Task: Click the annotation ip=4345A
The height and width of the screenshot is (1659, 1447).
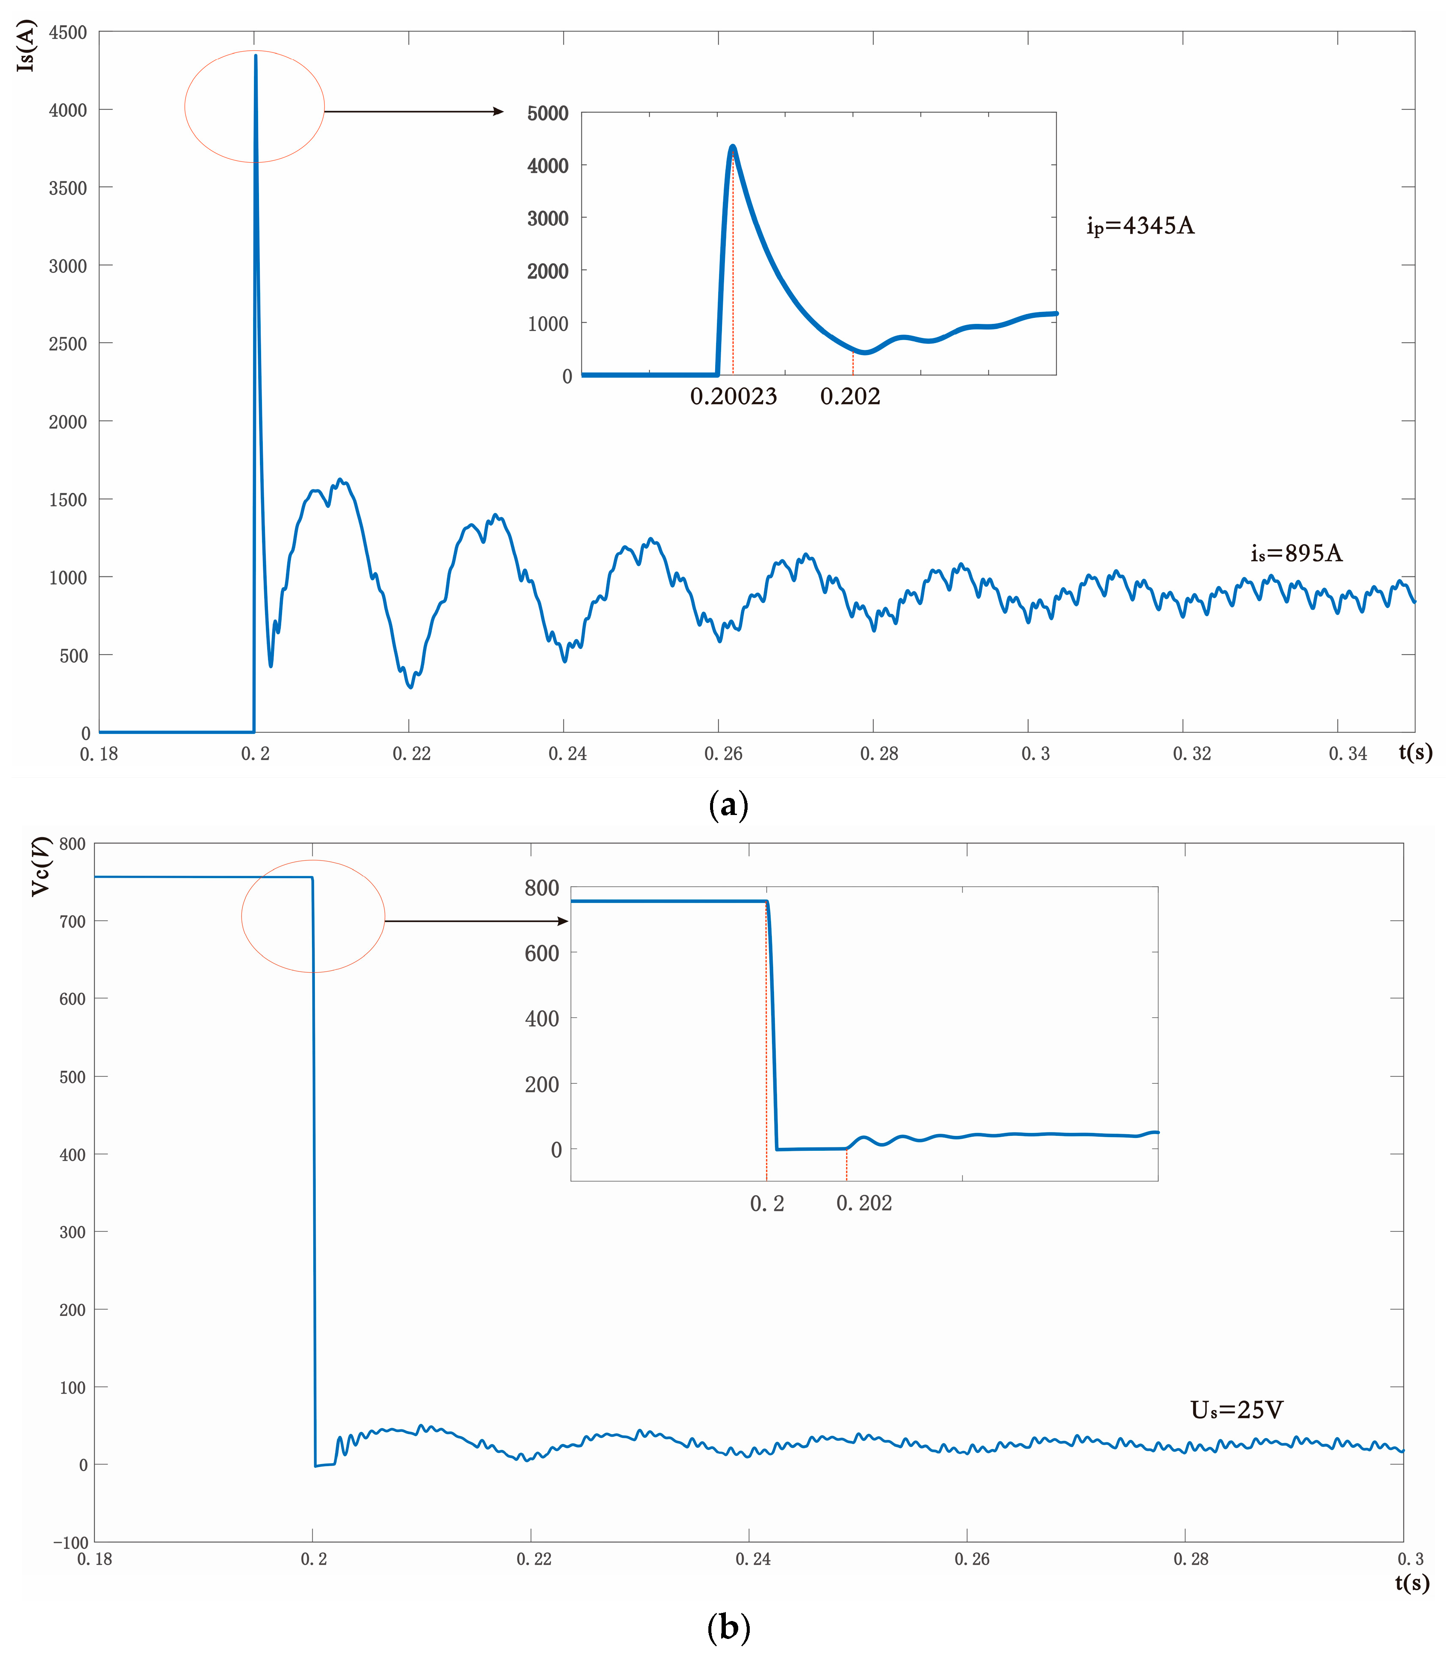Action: coord(1140,226)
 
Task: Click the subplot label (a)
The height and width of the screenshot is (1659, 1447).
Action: coord(728,805)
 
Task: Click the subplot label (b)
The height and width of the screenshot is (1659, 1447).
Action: coord(728,1627)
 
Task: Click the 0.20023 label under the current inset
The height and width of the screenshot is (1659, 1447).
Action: coord(733,396)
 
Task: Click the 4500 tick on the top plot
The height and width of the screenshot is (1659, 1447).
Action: coord(68,32)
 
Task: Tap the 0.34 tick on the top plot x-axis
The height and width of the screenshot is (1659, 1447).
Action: coord(1348,753)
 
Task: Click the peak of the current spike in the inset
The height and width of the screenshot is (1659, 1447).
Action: coord(732,147)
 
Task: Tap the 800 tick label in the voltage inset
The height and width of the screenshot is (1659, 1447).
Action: coord(542,888)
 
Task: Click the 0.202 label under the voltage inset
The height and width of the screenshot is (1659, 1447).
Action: coord(864,1203)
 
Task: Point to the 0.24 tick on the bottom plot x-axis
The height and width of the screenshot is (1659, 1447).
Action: coord(753,1559)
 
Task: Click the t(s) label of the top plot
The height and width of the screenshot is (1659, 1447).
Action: coord(1415,752)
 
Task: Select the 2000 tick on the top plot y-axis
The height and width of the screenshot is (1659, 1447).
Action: coord(68,422)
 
